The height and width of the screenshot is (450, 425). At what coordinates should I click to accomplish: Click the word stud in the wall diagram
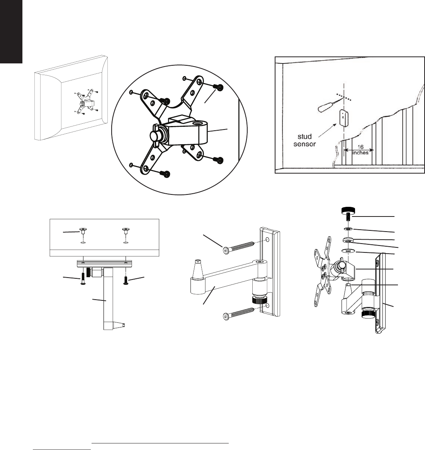pyautogui.click(x=304, y=136)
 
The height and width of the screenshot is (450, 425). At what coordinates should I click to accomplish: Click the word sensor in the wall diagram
pyautogui.click(x=304, y=144)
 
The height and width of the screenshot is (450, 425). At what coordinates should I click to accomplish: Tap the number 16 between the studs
pyautogui.click(x=360, y=147)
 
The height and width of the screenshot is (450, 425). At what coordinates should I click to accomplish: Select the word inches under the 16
pyautogui.click(x=360, y=153)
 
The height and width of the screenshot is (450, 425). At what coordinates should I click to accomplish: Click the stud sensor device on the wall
pyautogui.click(x=343, y=118)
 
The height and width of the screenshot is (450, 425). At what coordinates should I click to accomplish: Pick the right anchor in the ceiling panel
pyautogui.click(x=126, y=231)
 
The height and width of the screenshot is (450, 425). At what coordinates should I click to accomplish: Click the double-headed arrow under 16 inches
pyautogui.click(x=359, y=150)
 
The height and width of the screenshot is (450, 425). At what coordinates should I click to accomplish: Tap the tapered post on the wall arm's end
pyautogui.click(x=198, y=270)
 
